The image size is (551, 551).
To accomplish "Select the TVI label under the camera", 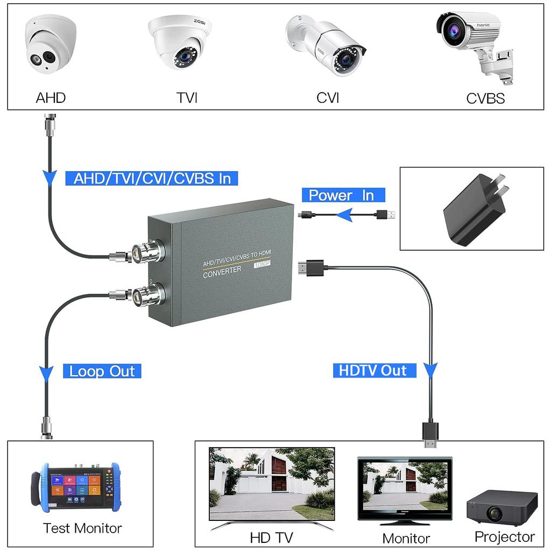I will (187, 98).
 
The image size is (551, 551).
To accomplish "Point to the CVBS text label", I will (485, 98).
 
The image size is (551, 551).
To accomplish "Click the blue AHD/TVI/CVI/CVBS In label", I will (151, 179).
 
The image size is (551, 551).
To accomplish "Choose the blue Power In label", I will (341, 195).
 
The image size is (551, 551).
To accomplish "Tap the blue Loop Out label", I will (102, 371).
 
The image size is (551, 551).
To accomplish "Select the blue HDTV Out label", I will (373, 370).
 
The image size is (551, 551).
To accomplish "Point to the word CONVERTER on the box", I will (222, 272).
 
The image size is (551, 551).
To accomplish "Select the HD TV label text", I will (271, 538).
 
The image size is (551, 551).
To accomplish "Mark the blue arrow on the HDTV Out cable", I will (430, 370).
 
